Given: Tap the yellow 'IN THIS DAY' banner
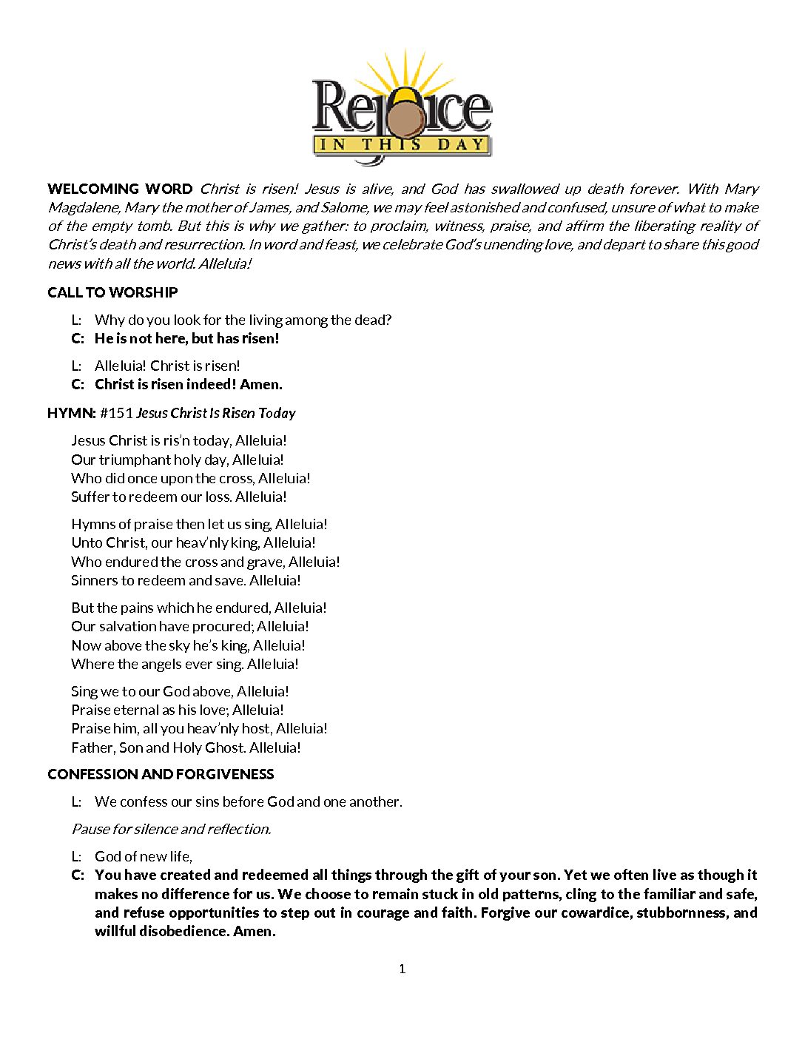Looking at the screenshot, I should [402, 144].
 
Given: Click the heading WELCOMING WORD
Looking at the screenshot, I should [120, 189].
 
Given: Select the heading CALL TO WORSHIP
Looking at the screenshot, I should [112, 292].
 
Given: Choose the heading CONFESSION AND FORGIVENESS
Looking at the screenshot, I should [161, 774].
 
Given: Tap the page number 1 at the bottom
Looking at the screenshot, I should [402, 969].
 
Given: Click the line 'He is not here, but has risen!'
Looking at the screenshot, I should [186, 338].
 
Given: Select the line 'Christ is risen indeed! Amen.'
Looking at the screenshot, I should [188, 384].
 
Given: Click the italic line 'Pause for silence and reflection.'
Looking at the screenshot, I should [171, 829].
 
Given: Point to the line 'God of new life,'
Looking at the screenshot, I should [144, 856].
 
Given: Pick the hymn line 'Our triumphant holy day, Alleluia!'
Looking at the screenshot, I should [178, 460].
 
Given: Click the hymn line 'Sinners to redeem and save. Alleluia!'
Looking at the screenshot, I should [186, 580].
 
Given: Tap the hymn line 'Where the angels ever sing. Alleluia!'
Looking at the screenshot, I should [185, 664].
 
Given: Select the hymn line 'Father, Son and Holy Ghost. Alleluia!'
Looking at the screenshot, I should [186, 747].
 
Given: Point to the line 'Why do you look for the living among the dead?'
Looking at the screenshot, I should [243, 320].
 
